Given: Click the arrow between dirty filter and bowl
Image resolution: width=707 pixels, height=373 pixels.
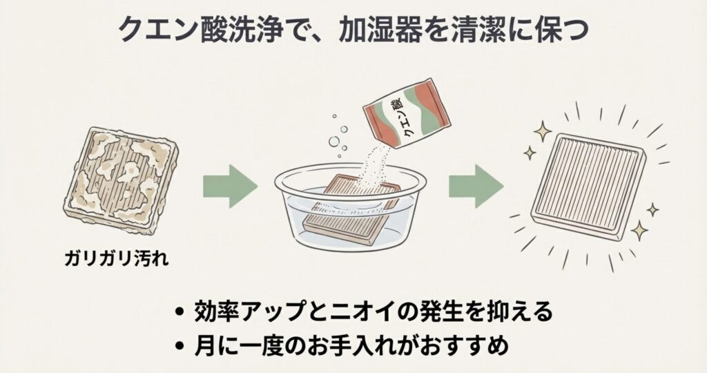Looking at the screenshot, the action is [230, 186].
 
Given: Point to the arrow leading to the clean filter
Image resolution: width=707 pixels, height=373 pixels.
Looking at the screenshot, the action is [476, 186].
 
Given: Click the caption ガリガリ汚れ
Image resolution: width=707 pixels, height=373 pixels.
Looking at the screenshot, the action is [116, 258].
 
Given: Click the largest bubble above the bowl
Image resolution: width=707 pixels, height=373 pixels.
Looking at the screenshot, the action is [334, 141].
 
